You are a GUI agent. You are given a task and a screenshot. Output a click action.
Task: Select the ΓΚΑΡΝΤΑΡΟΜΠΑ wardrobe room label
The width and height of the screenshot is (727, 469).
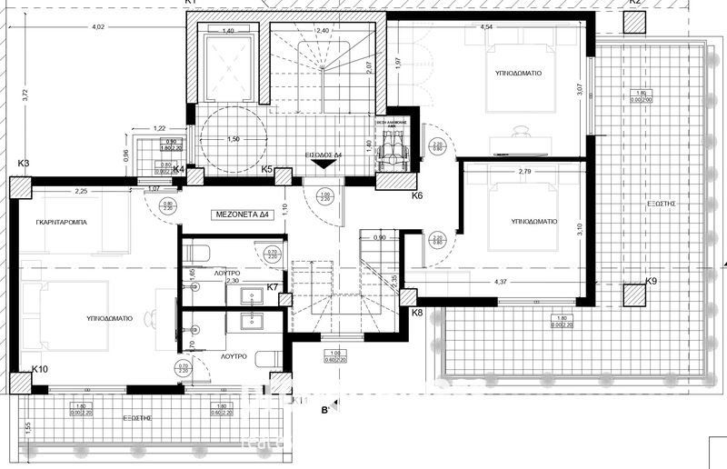tap(63, 223)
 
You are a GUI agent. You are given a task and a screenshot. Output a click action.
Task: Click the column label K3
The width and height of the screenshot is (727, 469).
tap(24, 164)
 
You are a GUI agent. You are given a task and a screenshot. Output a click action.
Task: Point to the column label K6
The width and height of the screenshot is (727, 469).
tap(417, 195)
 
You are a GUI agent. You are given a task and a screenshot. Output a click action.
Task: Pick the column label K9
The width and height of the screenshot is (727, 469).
tap(651, 282)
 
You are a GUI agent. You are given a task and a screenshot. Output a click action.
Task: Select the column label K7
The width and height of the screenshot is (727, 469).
tap(272, 287)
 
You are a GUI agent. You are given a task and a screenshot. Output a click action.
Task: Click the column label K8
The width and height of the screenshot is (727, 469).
tap(417, 313)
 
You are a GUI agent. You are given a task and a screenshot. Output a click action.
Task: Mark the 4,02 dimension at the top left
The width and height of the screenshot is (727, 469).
tap(97, 27)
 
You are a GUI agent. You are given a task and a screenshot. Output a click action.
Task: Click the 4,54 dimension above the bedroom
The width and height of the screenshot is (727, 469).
tap(487, 27)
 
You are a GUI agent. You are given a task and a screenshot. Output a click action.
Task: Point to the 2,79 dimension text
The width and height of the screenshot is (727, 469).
tap(524, 171)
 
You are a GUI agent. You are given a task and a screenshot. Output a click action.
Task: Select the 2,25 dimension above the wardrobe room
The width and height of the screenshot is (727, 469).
tap(80, 192)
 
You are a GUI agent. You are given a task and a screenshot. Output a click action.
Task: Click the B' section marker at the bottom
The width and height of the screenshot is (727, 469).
tap(324, 411)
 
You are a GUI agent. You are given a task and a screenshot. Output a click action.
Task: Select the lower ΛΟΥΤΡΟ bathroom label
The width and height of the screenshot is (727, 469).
tap(233, 357)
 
